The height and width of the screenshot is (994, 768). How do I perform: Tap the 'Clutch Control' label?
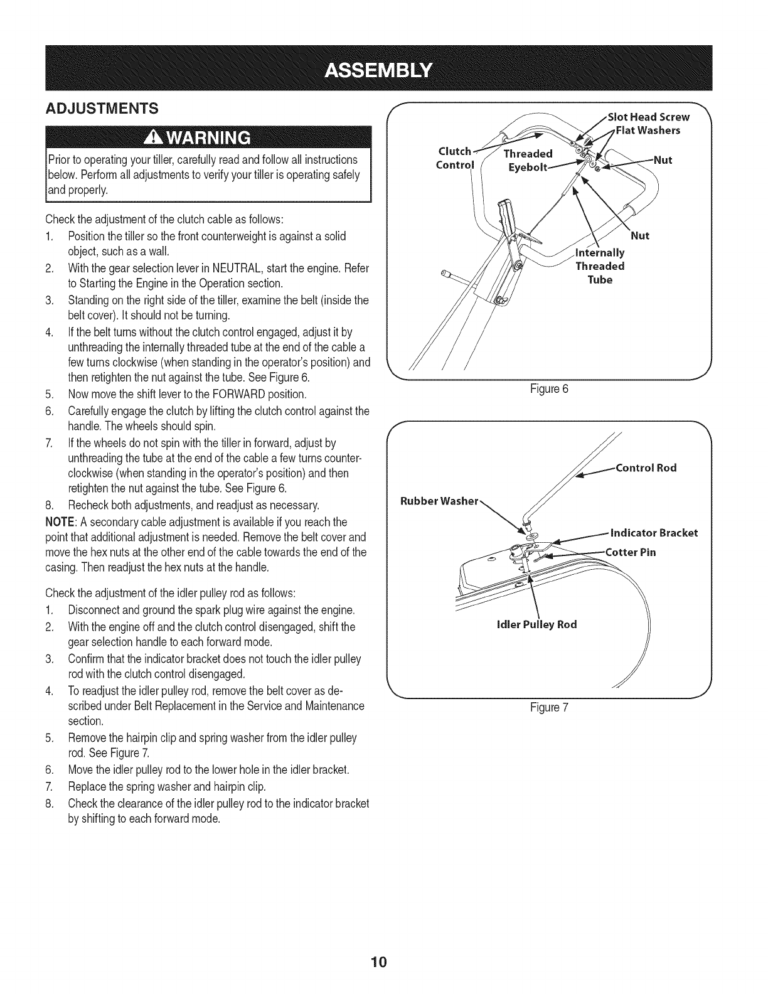point(456,158)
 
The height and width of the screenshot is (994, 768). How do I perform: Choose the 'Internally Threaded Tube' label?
point(600,266)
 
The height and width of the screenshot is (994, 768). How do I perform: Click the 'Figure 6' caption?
point(549,388)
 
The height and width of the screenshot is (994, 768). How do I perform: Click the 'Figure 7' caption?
point(549,707)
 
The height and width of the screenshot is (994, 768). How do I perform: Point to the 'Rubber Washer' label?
point(440,501)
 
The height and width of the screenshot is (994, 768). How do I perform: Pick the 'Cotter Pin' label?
point(631,552)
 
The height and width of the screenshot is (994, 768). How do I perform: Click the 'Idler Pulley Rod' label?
point(536,624)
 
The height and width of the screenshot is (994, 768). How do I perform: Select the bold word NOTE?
point(59,523)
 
